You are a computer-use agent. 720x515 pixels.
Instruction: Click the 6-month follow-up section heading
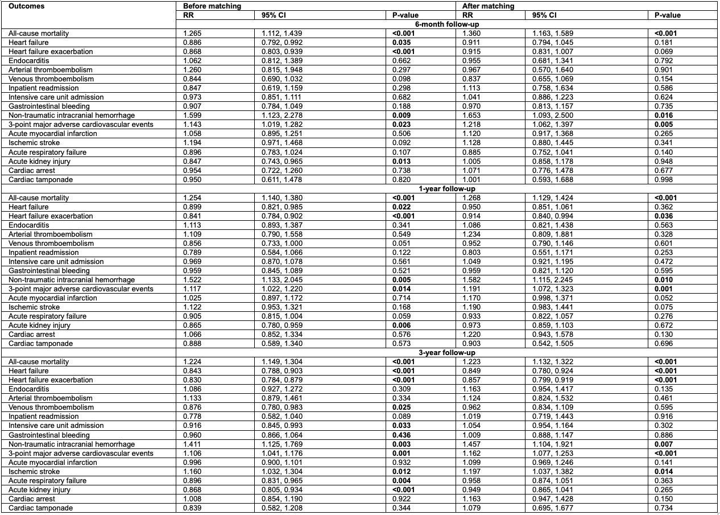click(x=447, y=24)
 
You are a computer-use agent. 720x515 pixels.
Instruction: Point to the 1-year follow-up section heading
click(x=447, y=188)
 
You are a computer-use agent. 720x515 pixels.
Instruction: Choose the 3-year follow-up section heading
click(x=447, y=353)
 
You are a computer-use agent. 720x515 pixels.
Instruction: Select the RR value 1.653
click(x=473, y=116)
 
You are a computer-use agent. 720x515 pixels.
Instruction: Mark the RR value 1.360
click(x=473, y=34)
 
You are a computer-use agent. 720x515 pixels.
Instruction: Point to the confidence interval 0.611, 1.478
click(x=278, y=179)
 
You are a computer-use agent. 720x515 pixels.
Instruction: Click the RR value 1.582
click(x=473, y=280)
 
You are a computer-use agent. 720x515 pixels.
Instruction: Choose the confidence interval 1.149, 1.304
click(x=278, y=362)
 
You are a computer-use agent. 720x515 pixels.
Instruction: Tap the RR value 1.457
click(x=473, y=444)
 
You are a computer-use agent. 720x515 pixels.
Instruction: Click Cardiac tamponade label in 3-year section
click(x=40, y=508)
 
